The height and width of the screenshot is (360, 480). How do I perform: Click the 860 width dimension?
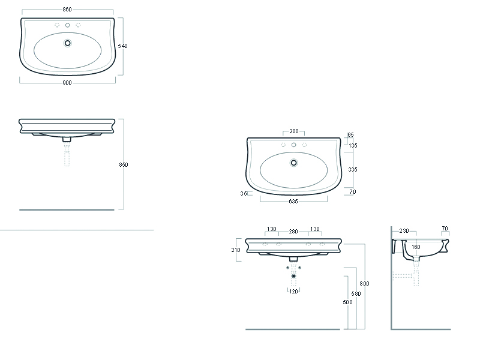(x=67, y=10)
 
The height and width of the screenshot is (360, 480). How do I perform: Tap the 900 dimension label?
(x=67, y=83)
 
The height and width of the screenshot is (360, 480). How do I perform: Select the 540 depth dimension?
(x=122, y=46)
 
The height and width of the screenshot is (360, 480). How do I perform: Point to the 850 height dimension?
(x=124, y=164)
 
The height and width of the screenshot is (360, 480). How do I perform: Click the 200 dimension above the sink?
(x=294, y=131)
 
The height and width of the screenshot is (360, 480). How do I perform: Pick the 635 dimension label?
(x=293, y=202)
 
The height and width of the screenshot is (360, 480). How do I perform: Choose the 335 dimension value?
(x=353, y=170)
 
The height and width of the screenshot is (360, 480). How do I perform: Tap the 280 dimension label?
(x=293, y=232)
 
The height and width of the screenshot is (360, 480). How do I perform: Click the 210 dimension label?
(x=236, y=250)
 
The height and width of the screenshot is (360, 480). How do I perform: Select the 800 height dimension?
(x=364, y=284)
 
